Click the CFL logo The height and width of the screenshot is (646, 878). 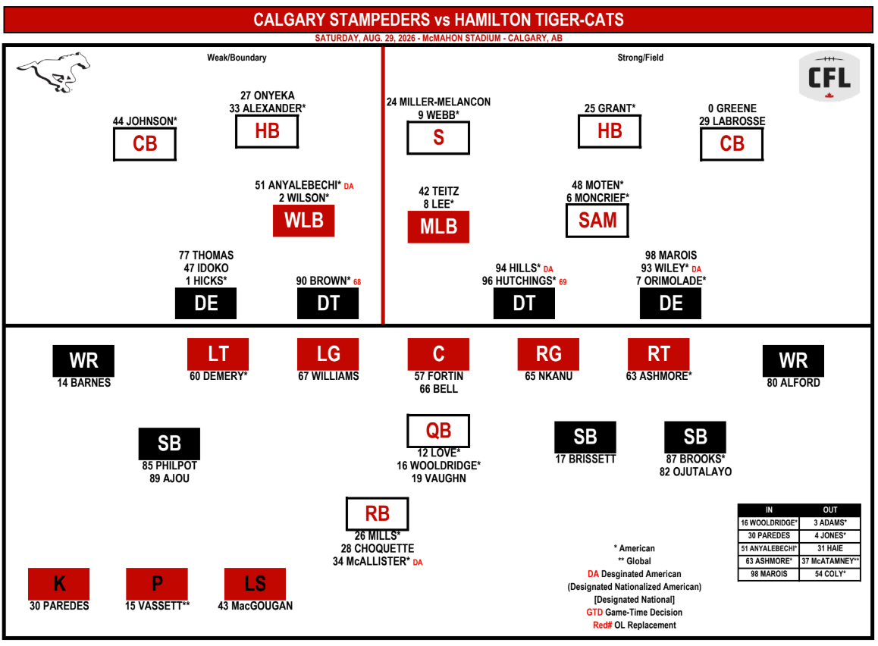[x=829, y=76]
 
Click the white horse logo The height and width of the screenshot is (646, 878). [x=54, y=72]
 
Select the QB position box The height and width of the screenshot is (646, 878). [x=438, y=431]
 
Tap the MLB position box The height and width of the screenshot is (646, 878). [x=438, y=227]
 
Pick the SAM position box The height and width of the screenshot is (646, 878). [x=597, y=221]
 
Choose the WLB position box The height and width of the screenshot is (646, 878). [x=304, y=221]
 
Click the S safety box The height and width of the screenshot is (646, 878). [x=438, y=138]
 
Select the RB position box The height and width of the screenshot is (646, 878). [x=378, y=514]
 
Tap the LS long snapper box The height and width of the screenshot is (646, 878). [x=256, y=584]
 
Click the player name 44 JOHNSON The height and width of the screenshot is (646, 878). [x=145, y=121]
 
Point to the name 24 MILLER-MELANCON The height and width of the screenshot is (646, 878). [x=438, y=102]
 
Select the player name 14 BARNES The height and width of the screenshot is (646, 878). [x=84, y=383]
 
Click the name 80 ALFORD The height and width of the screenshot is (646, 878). [x=793, y=383]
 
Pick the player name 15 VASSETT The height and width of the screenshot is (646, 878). [x=158, y=606]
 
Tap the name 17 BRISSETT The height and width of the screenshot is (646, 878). [x=585, y=459]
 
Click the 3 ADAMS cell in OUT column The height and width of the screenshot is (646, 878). [x=830, y=523]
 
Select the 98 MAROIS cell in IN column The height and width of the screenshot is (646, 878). [x=769, y=574]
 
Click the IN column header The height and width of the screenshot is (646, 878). [x=769, y=510]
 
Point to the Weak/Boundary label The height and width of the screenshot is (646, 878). [x=237, y=58]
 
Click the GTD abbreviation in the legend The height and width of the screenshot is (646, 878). [x=594, y=613]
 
